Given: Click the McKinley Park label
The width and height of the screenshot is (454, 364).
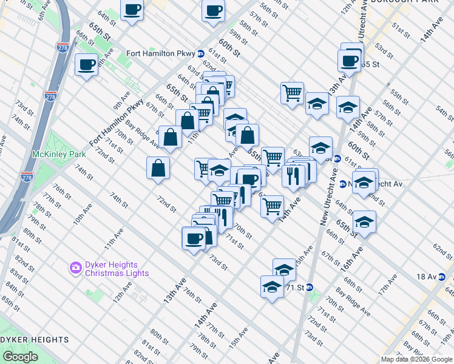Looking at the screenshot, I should [59, 155].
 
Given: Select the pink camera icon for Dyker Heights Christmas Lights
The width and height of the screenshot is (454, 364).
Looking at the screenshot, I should [75, 267].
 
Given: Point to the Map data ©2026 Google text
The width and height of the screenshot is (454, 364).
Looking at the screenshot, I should [416, 359].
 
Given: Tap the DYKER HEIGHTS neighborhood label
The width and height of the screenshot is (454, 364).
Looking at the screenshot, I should [35, 339].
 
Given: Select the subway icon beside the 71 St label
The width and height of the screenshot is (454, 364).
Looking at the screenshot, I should [310, 287].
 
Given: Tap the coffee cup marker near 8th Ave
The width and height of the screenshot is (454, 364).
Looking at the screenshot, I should [87, 65].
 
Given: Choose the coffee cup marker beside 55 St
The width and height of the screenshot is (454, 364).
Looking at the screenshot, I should [350, 62].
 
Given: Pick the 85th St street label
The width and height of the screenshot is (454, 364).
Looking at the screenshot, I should [10, 302].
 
